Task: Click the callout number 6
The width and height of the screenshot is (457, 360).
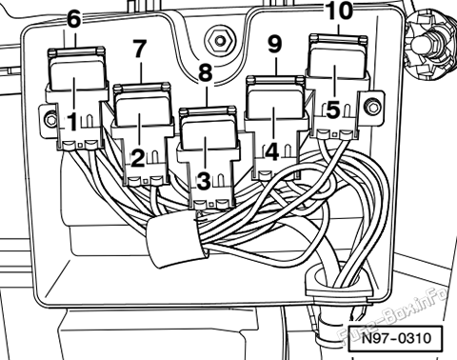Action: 74,19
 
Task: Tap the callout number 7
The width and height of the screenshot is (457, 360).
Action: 139,49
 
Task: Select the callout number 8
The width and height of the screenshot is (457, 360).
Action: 206,72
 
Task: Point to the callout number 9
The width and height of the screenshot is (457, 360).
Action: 275,44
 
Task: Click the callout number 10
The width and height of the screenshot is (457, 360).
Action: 339,10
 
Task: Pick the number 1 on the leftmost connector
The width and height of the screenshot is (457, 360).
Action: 72,122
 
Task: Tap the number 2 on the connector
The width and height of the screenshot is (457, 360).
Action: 138,158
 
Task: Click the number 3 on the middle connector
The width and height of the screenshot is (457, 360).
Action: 204,181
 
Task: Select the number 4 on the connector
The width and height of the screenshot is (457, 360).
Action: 271,151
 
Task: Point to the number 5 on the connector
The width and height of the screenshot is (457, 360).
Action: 333,110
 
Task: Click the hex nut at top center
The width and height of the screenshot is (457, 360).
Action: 220,41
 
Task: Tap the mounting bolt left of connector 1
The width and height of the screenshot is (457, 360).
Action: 50,120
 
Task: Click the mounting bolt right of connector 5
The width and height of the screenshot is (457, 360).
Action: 370,105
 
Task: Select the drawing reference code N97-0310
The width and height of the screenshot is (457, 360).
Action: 396,338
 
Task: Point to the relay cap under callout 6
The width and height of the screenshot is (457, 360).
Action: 77,69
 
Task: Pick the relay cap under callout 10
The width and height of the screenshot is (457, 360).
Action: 338,56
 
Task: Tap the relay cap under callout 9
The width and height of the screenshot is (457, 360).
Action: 275,97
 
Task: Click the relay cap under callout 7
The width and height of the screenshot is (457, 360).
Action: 142,104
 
